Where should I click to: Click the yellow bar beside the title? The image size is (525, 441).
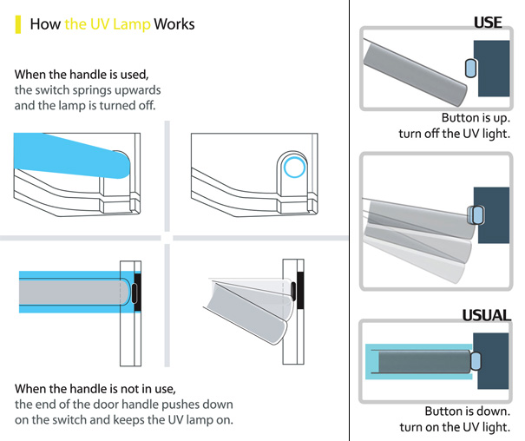point(19,23)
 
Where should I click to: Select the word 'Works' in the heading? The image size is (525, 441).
point(174,23)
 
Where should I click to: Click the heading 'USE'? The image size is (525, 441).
point(487,22)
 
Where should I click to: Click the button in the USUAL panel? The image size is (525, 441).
point(476,359)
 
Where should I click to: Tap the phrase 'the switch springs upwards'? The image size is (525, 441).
point(87,90)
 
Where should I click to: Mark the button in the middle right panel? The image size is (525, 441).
point(476,213)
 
